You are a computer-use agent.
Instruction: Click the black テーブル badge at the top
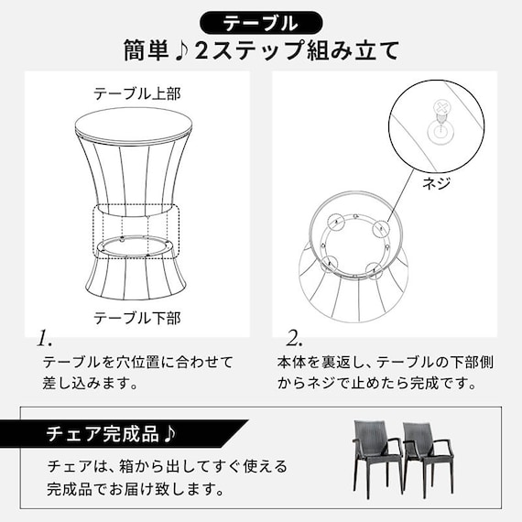260,21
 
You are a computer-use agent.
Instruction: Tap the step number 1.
44,338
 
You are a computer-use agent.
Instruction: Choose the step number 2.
295,337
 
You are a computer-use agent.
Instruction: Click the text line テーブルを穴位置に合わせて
138,363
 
